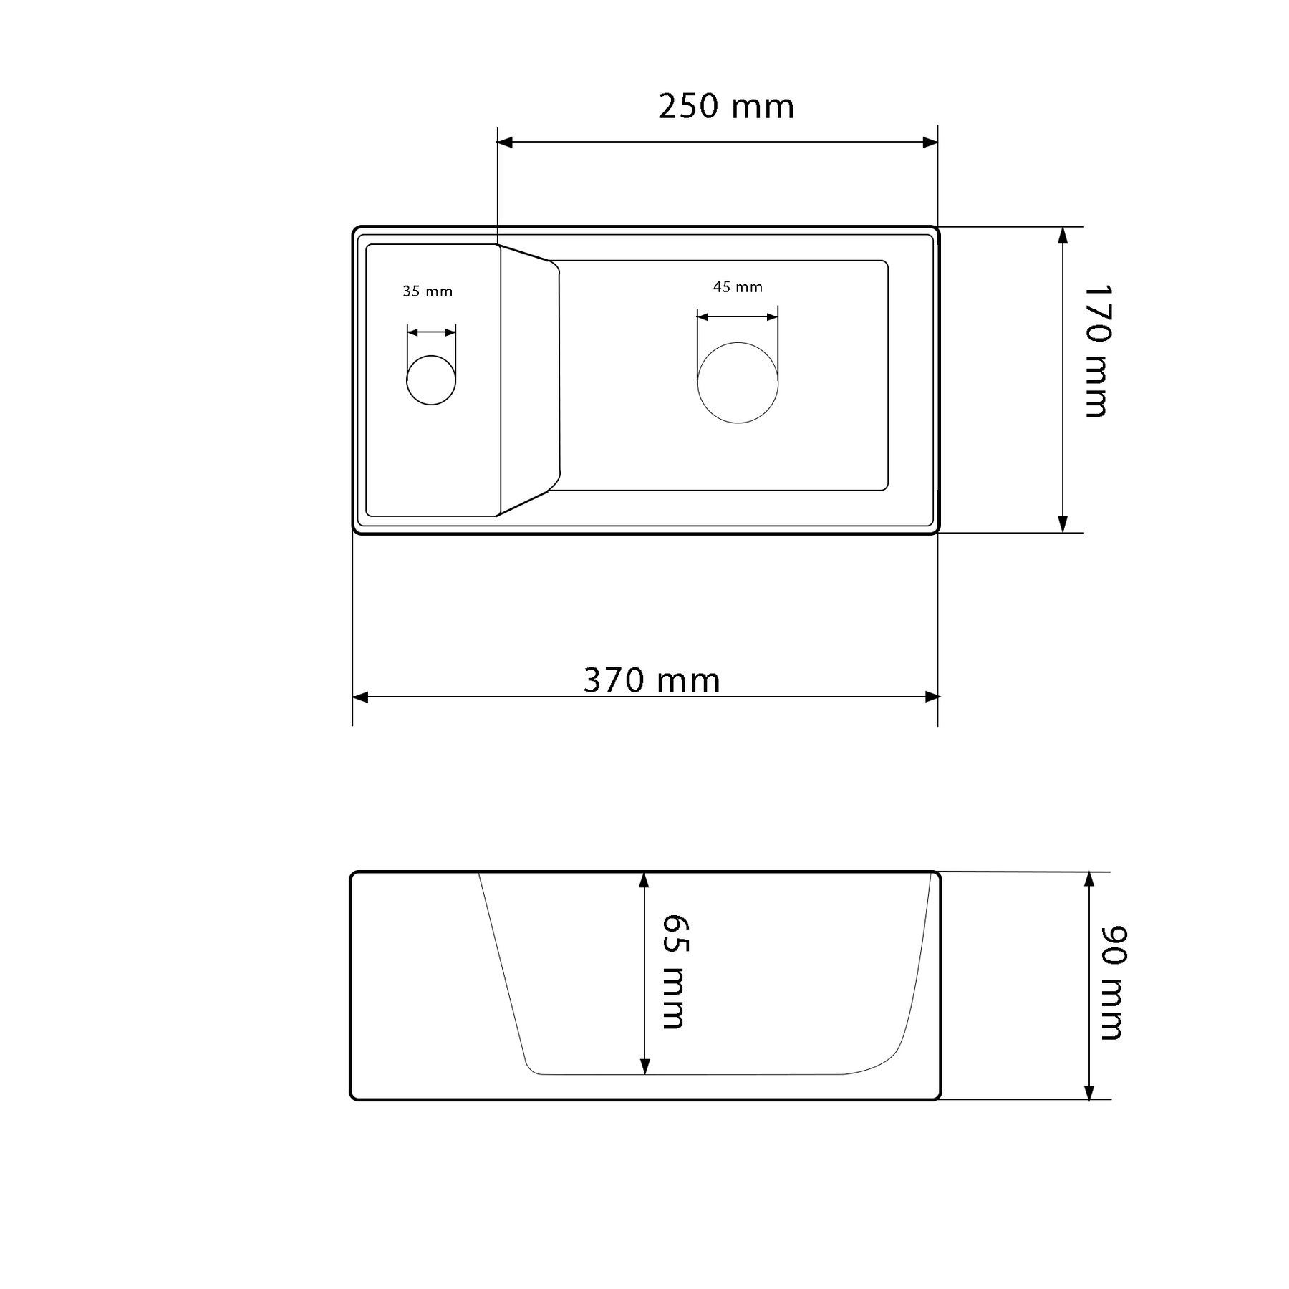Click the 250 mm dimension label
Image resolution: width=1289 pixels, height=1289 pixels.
(726, 107)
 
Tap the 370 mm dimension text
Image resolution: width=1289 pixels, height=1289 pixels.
(652, 680)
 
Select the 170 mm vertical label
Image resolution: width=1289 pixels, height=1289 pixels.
(1096, 351)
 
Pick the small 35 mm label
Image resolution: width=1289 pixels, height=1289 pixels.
(428, 291)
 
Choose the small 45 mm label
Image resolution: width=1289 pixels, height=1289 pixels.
(738, 287)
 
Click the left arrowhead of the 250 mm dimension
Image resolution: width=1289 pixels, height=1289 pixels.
(505, 143)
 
